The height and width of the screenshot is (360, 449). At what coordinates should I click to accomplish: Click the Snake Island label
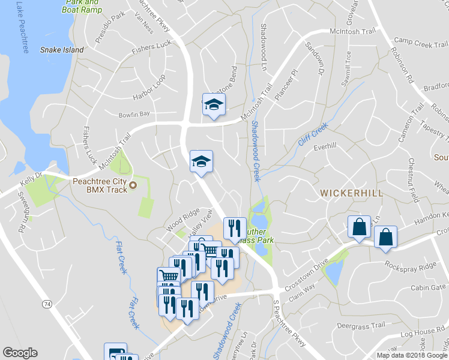tap(62, 50)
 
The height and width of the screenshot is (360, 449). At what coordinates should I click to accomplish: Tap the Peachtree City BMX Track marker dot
tap(133, 185)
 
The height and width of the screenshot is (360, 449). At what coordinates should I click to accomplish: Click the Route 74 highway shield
tap(47, 305)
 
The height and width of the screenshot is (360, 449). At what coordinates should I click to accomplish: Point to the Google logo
tap(20, 353)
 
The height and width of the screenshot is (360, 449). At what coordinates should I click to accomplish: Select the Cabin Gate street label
tap(428, 287)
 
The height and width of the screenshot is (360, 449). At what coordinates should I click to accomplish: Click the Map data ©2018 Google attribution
tap(411, 355)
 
